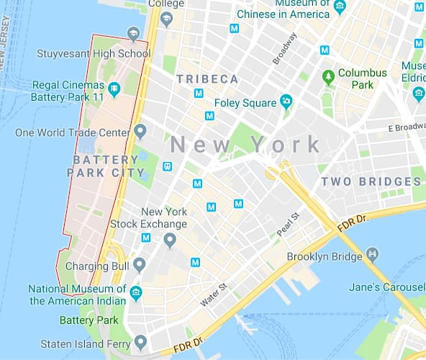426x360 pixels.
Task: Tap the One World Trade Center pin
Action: pyautogui.click(x=140, y=132)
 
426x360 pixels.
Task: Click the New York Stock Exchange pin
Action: pyautogui.click(x=170, y=240)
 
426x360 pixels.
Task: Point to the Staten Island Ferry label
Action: pyautogui.click(x=83, y=343)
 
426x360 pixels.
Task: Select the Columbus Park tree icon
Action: pyautogui.click(x=328, y=74)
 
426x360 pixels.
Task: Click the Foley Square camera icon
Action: pyautogui.click(x=286, y=102)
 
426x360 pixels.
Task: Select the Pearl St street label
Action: pyautogui.click(x=288, y=225)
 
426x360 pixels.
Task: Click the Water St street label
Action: pyautogui.click(x=213, y=295)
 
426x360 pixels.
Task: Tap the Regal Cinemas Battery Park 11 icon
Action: pyautogui.click(x=132, y=88)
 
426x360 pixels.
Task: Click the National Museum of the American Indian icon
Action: pyautogui.click(x=135, y=292)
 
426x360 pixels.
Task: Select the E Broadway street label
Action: pyautogui.click(x=407, y=128)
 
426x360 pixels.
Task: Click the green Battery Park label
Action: pyautogui.click(x=88, y=320)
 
